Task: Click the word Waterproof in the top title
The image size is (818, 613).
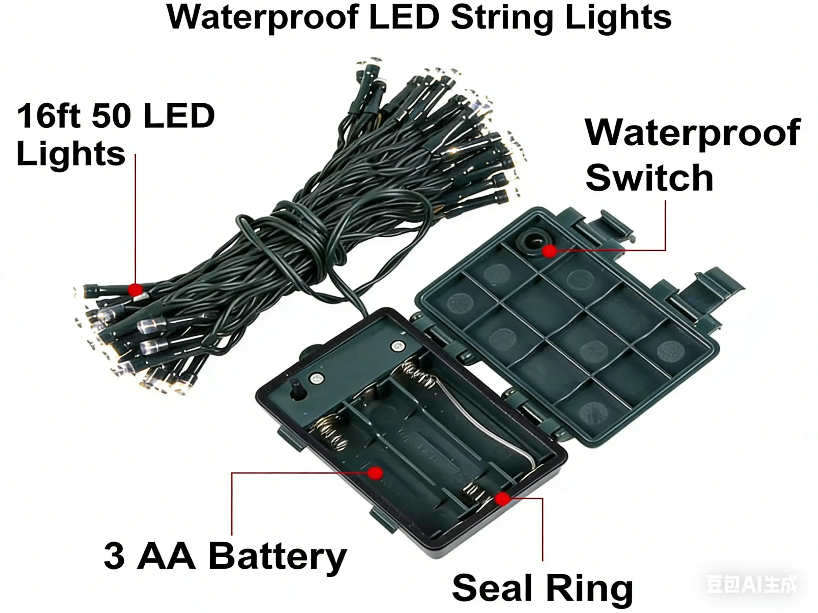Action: coord(262,18)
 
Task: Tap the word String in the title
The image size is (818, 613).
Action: coord(501,18)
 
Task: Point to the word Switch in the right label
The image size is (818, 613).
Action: coord(649,178)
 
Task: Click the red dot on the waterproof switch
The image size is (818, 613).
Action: coord(549,251)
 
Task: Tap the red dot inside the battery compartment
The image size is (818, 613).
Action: coord(375,473)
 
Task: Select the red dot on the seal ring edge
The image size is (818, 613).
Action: coord(502,499)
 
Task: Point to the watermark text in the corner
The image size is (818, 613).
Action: coord(752,584)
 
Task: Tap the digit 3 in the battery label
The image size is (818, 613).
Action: coord(114,556)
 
